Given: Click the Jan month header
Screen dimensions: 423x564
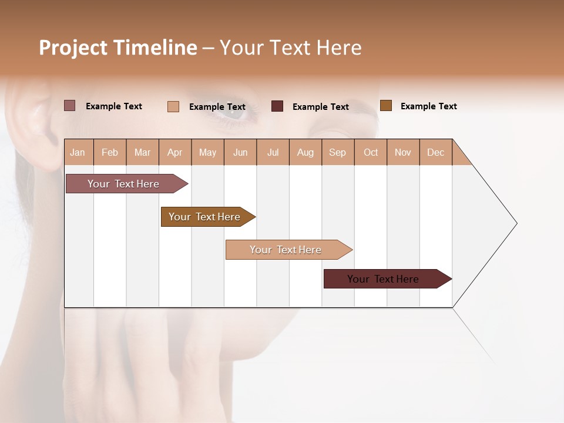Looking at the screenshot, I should [x=78, y=152].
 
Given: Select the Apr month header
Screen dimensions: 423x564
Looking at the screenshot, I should [x=175, y=152].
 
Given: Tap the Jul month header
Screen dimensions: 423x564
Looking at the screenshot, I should [x=273, y=152].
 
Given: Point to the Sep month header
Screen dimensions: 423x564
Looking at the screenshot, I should [x=337, y=152].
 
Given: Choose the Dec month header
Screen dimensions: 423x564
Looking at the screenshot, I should [x=435, y=152].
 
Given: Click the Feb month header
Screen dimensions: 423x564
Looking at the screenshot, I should [x=110, y=152].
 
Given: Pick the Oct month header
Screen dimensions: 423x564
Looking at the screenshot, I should [x=371, y=152].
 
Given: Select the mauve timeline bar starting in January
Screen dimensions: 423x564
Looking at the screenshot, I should [x=123, y=184].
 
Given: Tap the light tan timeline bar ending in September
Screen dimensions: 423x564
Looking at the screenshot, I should [x=286, y=250].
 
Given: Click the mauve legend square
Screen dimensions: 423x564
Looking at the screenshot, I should [x=69, y=106].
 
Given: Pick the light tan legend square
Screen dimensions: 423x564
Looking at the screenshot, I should [x=173, y=106].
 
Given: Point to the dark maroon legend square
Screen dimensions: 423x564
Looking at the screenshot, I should [x=277, y=106].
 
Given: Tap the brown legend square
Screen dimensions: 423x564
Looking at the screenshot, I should [x=385, y=106].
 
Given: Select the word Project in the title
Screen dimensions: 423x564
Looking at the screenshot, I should [x=73, y=48].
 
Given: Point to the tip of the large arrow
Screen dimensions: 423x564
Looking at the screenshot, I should [x=515, y=223].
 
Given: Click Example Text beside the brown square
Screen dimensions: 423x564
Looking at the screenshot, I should [x=428, y=106].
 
